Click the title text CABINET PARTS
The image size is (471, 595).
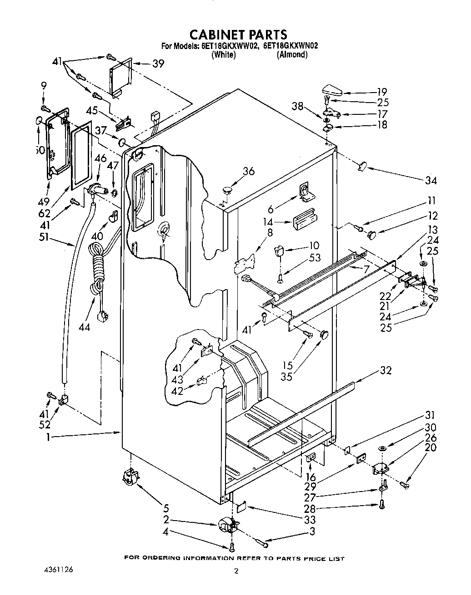tap(238, 34)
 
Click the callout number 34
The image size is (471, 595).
tap(430, 181)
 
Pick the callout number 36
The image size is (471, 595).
tap(248, 171)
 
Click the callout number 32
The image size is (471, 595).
tap(385, 370)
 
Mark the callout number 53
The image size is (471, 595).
tap(314, 258)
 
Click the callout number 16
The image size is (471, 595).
tap(311, 477)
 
